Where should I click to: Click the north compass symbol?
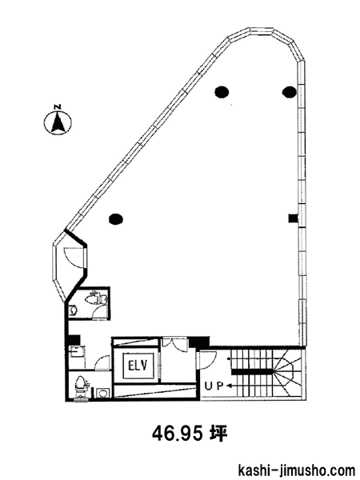coord(58,122)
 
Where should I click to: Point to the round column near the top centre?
coord(222,91)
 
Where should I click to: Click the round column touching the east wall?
coord(290,91)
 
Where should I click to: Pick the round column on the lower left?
coord(116,218)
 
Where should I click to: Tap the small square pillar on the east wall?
coord(294,218)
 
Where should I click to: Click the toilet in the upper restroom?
coord(96,298)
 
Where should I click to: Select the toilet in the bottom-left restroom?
coord(79,386)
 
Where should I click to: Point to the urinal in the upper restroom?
coord(73,310)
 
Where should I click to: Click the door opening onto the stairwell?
coord(208,360)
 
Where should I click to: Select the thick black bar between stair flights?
coord(252,372)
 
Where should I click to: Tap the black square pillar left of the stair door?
coord(199,342)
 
